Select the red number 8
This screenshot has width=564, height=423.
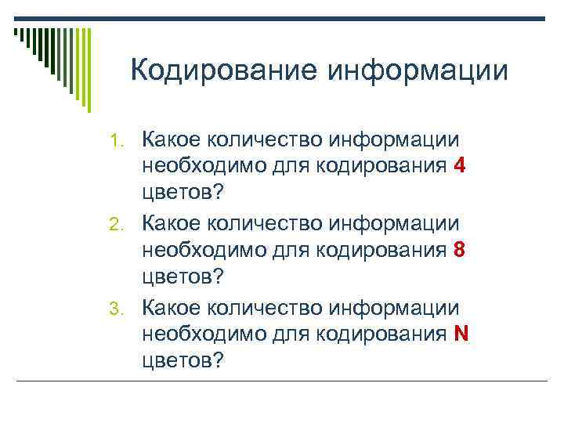point(460,251)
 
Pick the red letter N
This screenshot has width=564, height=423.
point(461,334)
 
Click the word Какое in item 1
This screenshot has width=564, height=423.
point(170,140)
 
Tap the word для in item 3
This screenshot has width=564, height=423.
point(291,334)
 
